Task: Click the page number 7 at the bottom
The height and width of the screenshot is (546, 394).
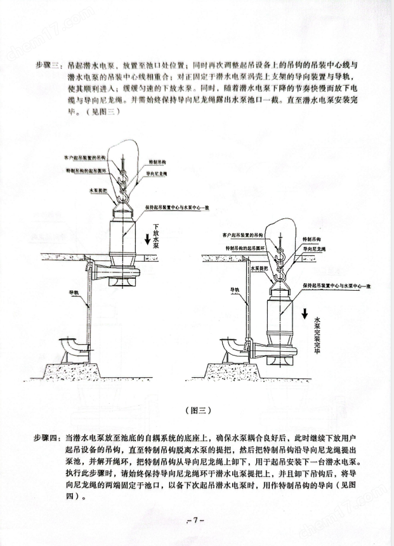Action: click(x=197, y=520)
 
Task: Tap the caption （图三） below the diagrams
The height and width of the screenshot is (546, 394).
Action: click(x=197, y=409)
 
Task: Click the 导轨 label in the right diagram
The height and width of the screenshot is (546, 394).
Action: click(x=235, y=289)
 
